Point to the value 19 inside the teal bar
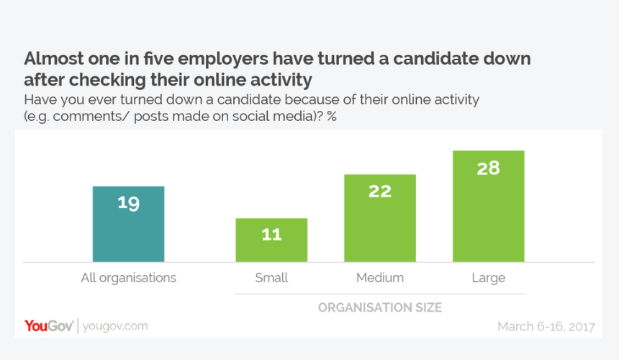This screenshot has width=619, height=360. coord(129,203)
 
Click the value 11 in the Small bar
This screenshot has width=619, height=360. coord(272,235)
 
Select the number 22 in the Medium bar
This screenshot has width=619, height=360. coord(380,191)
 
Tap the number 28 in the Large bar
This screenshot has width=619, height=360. coord(488,168)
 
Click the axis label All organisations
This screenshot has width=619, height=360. coord(129,277)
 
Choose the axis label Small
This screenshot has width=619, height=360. coord(272,277)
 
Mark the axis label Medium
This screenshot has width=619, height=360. coord(380,277)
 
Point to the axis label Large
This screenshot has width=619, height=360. coord(488,277)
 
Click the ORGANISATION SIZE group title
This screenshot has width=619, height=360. coord(380,307)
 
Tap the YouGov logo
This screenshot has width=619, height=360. coord(47,326)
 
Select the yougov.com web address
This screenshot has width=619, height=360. coord(115,326)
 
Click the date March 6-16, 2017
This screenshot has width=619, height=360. coord(546,327)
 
